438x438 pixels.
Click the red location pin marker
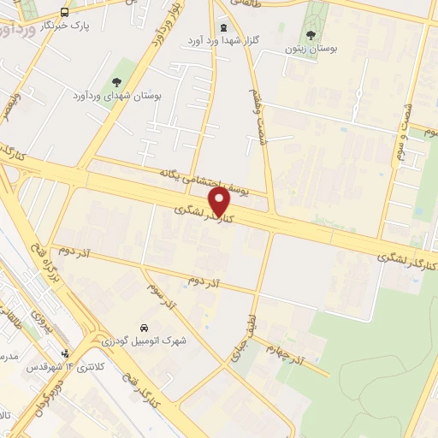coord(220,203)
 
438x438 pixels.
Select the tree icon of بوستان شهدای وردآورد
coord(116,82)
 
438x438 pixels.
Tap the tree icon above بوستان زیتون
coord(311,36)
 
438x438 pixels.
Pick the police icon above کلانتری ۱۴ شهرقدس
coord(65,353)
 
